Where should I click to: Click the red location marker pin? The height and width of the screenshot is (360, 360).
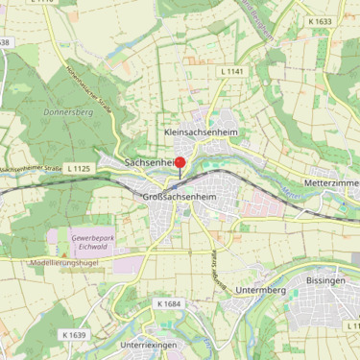179,163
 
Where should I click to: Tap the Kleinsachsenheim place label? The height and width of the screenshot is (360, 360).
201,132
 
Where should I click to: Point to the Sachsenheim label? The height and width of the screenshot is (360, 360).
149,163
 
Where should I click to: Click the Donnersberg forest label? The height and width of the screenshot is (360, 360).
66,111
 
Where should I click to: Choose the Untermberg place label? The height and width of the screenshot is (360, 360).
261,289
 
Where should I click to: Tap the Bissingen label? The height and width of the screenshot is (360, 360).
324,279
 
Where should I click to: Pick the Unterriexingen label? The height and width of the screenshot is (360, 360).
151,344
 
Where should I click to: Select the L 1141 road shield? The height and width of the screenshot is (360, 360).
233,72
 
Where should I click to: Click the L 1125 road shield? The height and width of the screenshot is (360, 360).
80,168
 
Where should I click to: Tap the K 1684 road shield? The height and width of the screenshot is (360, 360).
167,303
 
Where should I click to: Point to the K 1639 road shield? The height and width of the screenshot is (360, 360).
73,335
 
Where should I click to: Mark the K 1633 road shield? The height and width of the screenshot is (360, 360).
320,20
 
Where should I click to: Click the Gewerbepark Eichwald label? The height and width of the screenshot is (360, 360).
93,239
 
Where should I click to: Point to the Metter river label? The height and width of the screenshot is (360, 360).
293,195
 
